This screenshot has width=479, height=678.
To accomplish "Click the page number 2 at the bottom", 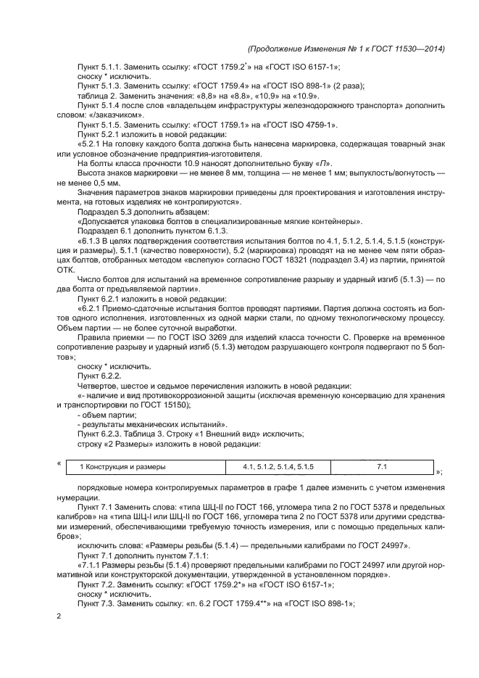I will point(59,616).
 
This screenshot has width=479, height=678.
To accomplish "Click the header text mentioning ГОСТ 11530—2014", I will point(346,49).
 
